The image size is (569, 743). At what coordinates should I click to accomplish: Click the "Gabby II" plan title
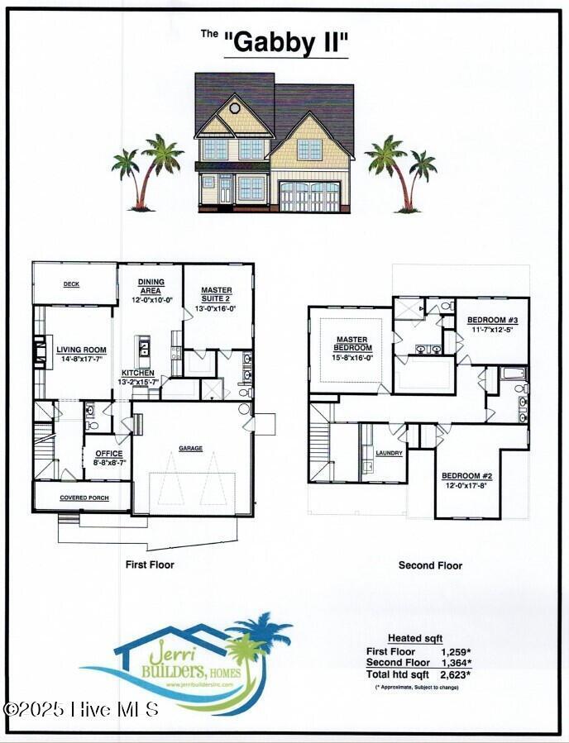point(286,44)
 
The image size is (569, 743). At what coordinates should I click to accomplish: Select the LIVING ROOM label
point(82,350)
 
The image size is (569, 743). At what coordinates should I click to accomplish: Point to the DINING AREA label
point(150,285)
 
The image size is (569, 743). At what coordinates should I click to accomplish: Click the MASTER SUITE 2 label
point(218,294)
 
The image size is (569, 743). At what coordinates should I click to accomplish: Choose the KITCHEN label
point(138,373)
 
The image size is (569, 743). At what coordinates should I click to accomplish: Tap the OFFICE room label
point(108,454)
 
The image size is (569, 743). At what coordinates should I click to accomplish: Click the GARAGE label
point(191,449)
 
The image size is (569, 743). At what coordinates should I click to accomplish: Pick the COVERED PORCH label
point(83,498)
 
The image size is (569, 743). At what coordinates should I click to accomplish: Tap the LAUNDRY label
point(389,453)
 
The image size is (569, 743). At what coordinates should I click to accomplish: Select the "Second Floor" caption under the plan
point(430,566)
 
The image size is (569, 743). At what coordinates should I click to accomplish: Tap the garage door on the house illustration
point(309,198)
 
